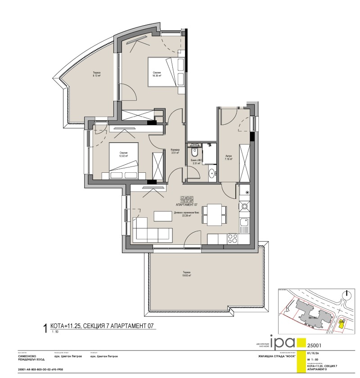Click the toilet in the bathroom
coord(195,152)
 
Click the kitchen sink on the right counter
coord(244,222)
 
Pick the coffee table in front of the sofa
coord(163,216)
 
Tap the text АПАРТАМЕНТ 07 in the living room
coord(186,204)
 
